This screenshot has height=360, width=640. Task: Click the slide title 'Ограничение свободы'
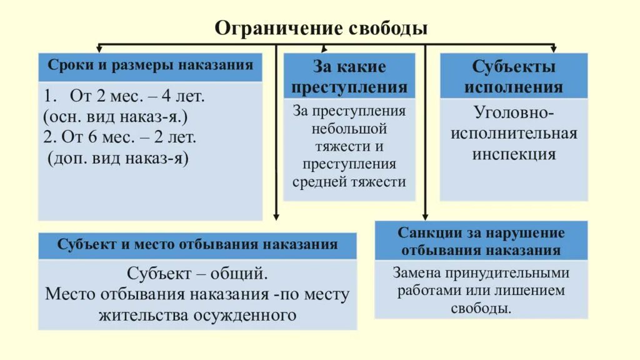click(321, 29)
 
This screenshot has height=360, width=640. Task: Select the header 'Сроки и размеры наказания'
click(151, 65)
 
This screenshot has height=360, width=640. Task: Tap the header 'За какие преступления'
click(349, 76)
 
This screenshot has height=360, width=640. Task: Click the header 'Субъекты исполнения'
click(513, 76)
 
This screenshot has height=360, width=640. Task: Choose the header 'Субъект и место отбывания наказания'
click(197, 244)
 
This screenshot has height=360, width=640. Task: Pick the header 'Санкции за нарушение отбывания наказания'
click(481, 241)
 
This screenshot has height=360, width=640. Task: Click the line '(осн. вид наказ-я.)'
click(116, 116)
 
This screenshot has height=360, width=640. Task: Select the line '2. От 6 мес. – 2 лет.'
click(120, 137)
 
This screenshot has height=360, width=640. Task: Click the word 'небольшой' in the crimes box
click(349, 129)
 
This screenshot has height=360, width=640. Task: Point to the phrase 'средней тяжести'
click(349, 182)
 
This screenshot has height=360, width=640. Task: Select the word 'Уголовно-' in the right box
click(514, 114)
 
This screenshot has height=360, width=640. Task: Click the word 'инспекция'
click(514, 154)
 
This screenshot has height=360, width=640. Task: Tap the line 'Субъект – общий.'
click(197, 274)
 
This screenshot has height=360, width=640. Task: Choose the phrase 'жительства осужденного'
click(197, 314)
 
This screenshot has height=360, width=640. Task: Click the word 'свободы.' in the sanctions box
click(481, 309)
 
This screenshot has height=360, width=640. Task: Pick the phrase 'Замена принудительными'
click(481, 273)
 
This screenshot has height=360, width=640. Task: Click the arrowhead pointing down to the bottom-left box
click(276, 216)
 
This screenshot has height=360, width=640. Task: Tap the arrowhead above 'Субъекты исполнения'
click(552, 49)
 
